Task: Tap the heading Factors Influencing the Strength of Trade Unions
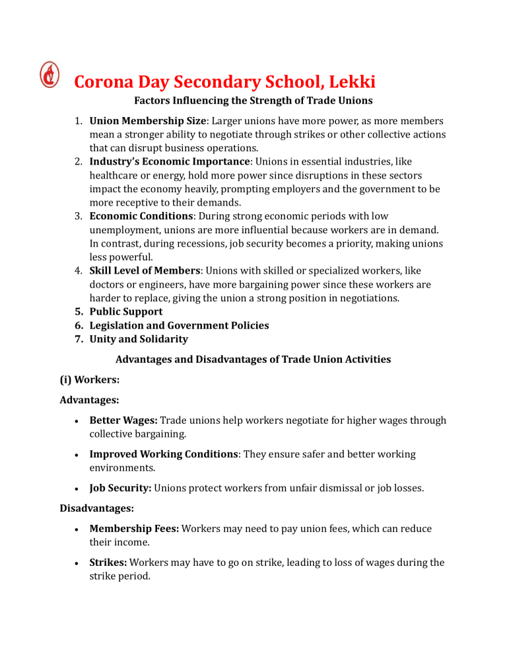click(x=253, y=101)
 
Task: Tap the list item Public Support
click(x=125, y=311)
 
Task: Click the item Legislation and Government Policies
click(x=179, y=325)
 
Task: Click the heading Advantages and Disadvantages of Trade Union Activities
click(x=253, y=360)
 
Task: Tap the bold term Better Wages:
click(x=123, y=420)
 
